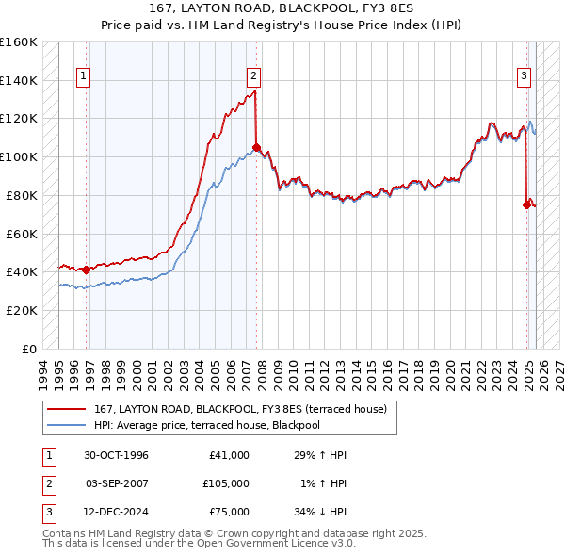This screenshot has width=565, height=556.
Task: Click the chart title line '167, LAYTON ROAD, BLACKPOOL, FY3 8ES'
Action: (282, 8)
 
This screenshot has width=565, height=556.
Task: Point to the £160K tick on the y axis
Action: (19, 42)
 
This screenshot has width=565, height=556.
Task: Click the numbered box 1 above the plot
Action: (84, 76)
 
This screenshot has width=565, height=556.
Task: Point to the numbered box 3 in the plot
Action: (524, 76)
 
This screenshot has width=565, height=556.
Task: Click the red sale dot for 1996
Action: (87, 270)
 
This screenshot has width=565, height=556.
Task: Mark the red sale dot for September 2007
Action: (256, 147)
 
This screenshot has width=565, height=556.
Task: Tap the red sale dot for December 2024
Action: (526, 204)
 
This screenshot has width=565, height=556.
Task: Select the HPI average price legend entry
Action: (207, 425)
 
